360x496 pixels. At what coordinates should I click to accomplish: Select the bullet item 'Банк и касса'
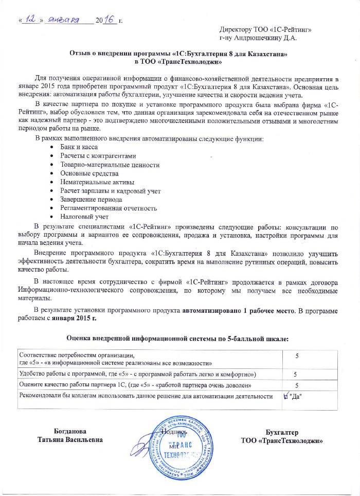[79, 147]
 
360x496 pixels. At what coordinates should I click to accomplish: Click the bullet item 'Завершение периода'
[91, 199]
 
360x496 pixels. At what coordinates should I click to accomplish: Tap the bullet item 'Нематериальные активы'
[97, 182]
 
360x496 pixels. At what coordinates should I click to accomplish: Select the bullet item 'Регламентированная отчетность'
[109, 208]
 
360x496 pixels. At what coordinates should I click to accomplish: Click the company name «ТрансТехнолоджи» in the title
[196, 62]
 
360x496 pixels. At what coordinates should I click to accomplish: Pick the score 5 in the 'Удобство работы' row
[295, 374]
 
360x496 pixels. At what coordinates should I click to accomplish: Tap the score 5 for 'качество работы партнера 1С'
[296, 385]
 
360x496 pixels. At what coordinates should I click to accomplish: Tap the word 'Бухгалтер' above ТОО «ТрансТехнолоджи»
[282, 432]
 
